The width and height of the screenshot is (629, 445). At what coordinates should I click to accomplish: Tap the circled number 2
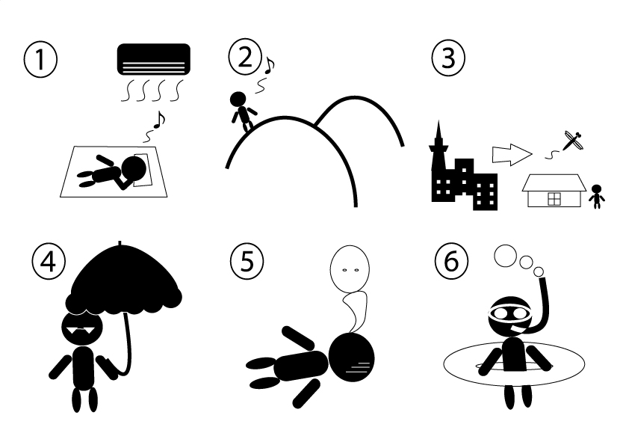click(x=245, y=58)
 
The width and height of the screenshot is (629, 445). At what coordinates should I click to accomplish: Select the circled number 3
click(x=448, y=58)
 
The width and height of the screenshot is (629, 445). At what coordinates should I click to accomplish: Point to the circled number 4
click(x=49, y=263)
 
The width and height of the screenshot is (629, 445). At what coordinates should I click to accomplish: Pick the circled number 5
click(x=247, y=261)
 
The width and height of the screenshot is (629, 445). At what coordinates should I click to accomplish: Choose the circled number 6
click(x=451, y=261)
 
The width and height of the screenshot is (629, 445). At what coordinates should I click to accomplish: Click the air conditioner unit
click(x=154, y=59)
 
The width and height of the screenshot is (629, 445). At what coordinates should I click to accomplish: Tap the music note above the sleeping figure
click(x=159, y=119)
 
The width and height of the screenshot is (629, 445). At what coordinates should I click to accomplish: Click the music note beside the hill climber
click(x=269, y=65)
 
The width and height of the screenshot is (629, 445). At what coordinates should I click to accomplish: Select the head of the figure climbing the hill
click(x=238, y=99)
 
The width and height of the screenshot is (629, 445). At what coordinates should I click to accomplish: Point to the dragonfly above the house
click(x=573, y=140)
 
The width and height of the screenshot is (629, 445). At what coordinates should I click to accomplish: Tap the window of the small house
click(x=554, y=199)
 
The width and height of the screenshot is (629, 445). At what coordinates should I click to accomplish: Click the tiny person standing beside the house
click(x=597, y=197)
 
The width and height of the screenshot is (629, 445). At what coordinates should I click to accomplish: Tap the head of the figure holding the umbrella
click(x=82, y=328)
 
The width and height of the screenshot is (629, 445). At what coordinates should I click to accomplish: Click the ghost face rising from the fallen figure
click(x=350, y=268)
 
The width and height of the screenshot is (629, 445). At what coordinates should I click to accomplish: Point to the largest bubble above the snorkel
click(x=506, y=256)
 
